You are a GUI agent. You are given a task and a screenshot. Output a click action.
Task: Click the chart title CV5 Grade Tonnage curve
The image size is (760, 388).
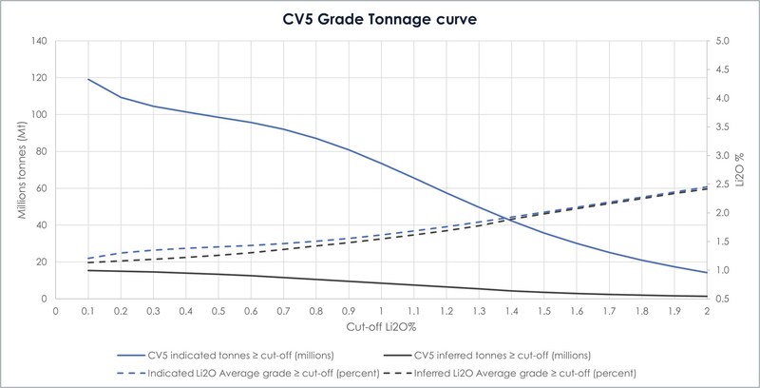click(x=380, y=16)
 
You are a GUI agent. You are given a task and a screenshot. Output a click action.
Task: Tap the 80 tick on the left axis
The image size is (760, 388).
click(x=41, y=151)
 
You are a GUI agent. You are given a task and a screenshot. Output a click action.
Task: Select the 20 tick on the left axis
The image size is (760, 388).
click(x=41, y=262)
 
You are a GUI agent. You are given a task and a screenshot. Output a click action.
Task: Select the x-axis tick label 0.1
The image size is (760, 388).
click(x=88, y=311)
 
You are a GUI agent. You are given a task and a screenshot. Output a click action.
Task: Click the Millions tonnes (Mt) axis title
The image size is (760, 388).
click(x=18, y=169)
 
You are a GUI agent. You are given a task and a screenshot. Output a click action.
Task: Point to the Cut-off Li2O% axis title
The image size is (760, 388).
click(x=380, y=329)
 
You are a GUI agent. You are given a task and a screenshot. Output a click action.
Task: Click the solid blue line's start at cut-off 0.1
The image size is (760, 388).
click(x=88, y=79)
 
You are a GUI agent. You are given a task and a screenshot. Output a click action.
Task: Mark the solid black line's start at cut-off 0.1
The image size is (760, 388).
click(x=88, y=270)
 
